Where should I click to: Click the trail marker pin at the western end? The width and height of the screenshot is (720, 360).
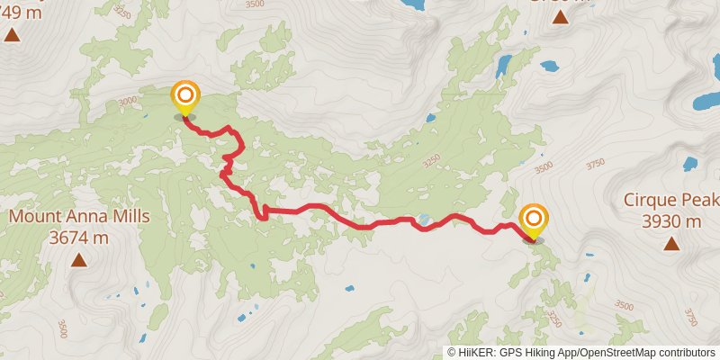pyautogui.click(x=184, y=97)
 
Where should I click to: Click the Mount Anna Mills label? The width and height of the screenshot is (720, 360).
pyautogui.click(x=79, y=217)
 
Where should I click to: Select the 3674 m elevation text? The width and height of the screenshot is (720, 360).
pyautogui.click(x=79, y=238)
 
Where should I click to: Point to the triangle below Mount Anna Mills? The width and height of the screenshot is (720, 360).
pyautogui.click(x=79, y=261)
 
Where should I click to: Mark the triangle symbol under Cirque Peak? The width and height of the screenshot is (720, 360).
pyautogui.click(x=670, y=243)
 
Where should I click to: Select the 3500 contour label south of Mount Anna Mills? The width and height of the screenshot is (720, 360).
pyautogui.click(x=62, y=328)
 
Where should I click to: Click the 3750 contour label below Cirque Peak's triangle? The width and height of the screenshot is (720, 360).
pyautogui.click(x=691, y=318)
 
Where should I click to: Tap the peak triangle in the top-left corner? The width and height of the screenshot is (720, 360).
pyautogui.click(x=12, y=35)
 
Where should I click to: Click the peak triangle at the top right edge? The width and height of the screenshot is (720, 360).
pyautogui.click(x=560, y=17)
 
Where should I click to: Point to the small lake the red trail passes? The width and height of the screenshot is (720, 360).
pyautogui.click(x=423, y=219)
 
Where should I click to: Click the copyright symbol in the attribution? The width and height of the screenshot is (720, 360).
pyautogui.click(x=452, y=352)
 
